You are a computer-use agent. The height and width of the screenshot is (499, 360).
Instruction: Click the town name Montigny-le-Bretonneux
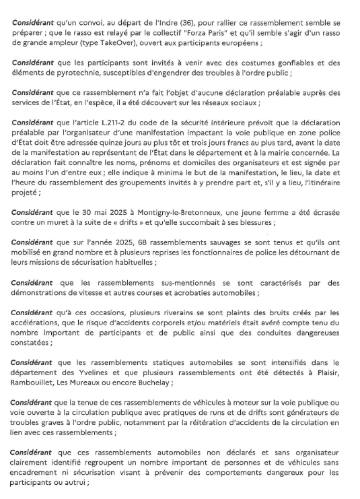tap(151, 213)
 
